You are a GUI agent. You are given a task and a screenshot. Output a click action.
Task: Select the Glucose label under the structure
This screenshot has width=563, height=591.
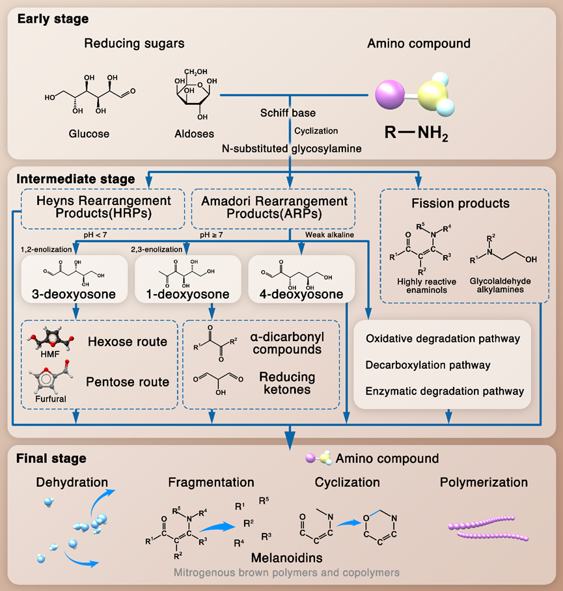pos(89,134)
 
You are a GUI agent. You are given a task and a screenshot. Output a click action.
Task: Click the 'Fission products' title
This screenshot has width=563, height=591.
pos(460,204)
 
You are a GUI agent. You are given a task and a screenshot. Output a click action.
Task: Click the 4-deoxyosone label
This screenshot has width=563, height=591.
pos(301,294)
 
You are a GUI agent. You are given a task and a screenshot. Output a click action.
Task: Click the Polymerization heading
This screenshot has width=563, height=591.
pos(484,482)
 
